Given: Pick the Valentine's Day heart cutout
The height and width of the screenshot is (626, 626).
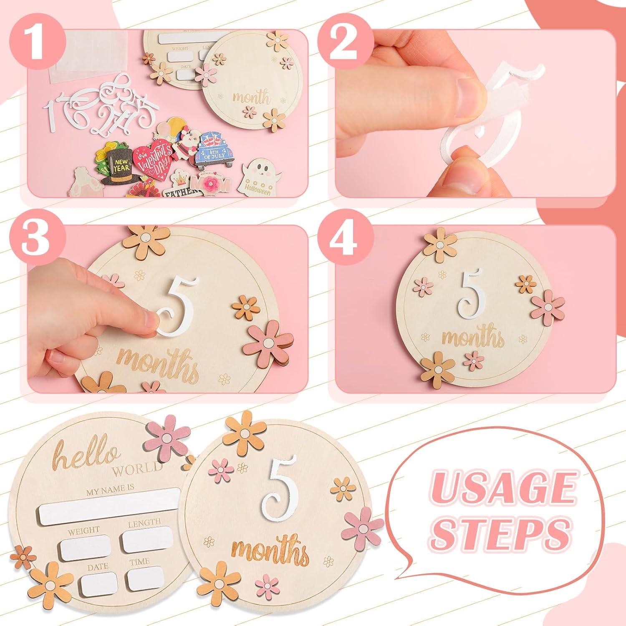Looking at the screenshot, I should [x=153, y=156].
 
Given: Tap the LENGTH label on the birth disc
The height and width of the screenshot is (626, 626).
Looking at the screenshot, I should [x=144, y=522].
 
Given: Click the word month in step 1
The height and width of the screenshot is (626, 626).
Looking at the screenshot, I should [x=251, y=98].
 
